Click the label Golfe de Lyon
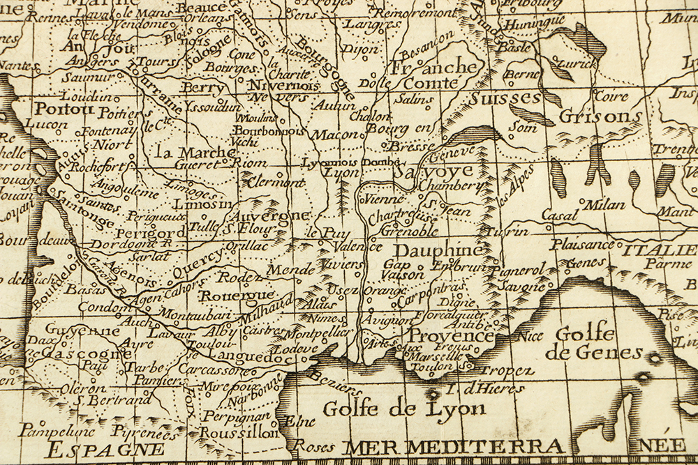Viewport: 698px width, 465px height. pyautogui.click(x=394, y=409)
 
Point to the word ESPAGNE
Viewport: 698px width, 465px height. pyautogui.click(x=97, y=449)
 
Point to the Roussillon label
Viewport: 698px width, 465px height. pyautogui.click(x=239, y=433)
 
